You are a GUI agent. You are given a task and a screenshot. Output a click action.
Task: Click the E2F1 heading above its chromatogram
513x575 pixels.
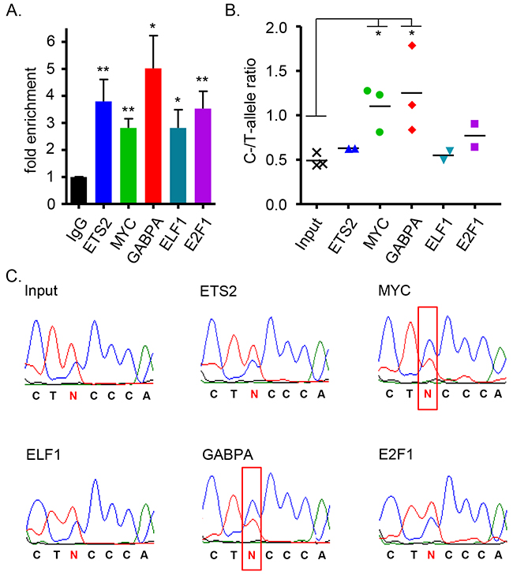tap(398, 454)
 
